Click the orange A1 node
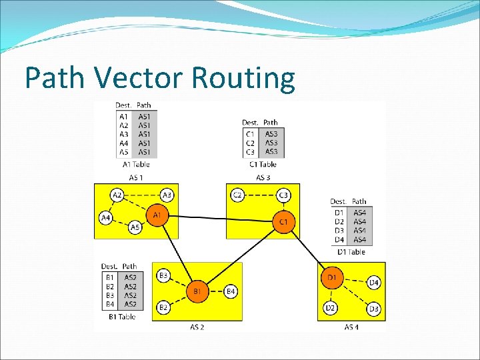[157, 215]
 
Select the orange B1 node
[197, 291]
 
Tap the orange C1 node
[283, 221]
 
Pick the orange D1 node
[332, 277]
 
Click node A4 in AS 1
[105, 218]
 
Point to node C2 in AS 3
[237, 195]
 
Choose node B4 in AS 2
[231, 291]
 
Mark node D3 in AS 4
[374, 309]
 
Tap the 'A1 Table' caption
[136, 164]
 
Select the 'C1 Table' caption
[263, 164]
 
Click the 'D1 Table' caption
[351, 252]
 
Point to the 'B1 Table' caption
[122, 317]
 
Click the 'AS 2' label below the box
[197, 327]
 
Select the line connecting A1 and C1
[220, 218]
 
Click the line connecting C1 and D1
[308, 249]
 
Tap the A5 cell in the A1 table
[124, 152]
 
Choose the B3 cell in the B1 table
[110, 295]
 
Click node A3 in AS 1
[167, 195]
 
